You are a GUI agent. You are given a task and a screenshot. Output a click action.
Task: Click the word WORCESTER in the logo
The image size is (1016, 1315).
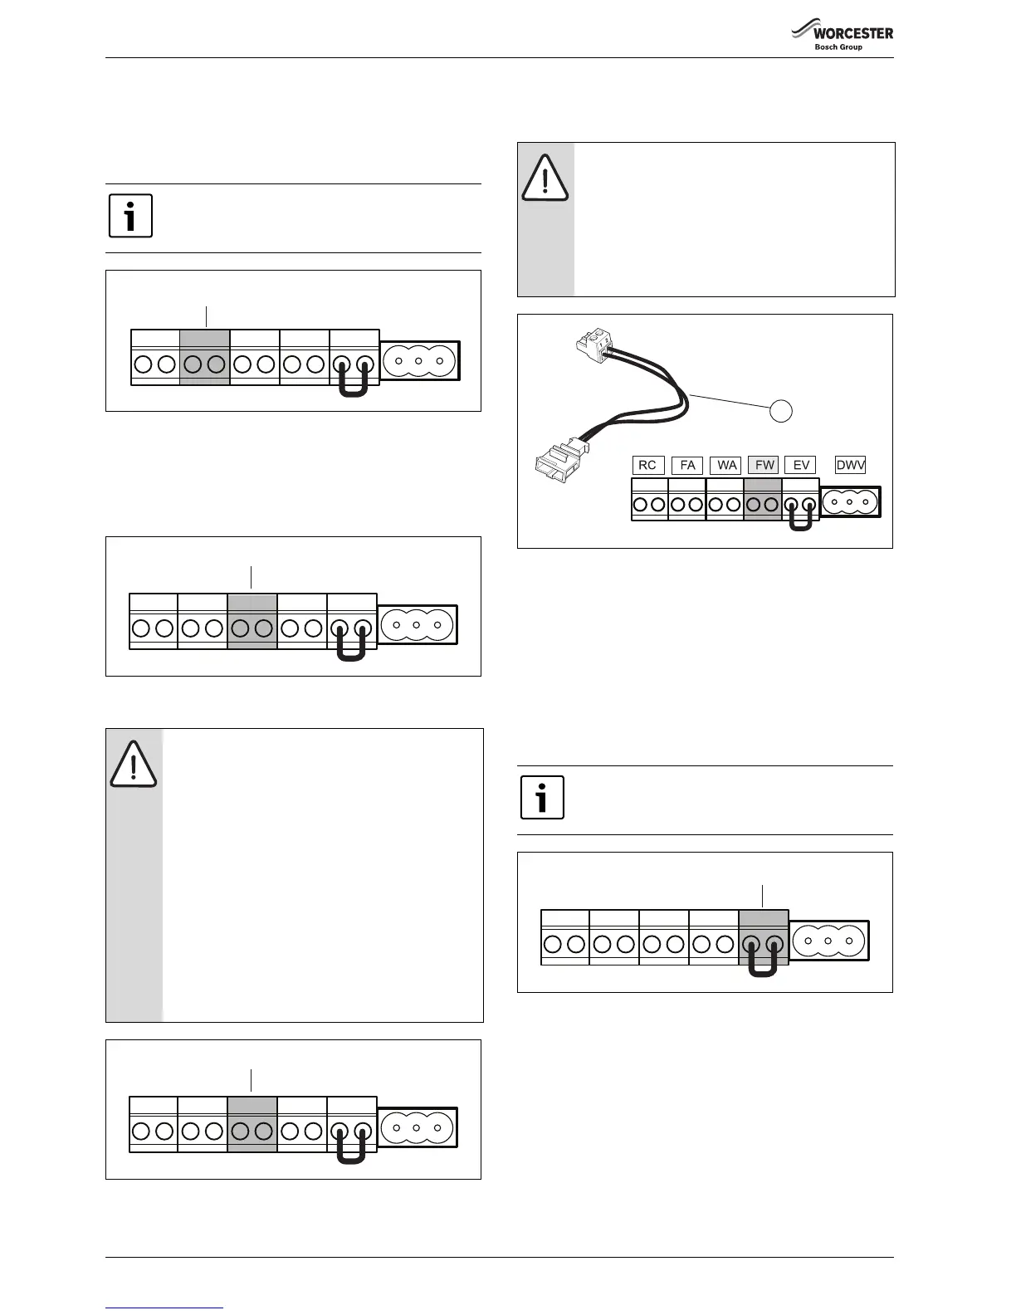pos(852,33)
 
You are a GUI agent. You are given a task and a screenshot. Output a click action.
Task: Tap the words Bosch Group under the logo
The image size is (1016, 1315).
pos(838,47)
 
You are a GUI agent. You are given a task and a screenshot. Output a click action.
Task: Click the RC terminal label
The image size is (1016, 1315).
pos(647,465)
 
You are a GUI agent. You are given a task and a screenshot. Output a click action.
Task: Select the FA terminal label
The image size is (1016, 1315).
pos(687,465)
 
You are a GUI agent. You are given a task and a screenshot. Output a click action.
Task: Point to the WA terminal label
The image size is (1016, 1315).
pos(727,465)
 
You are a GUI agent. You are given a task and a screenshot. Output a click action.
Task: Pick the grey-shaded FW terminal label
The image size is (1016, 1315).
pos(764,465)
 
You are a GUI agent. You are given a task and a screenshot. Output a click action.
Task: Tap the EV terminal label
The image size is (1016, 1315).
pos(801,465)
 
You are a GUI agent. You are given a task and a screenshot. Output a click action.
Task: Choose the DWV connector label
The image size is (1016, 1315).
pos(850,465)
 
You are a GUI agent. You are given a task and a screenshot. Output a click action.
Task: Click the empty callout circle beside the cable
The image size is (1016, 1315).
pos(780,410)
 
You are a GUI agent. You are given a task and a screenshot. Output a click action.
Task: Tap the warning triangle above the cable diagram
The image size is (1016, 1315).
pos(545,178)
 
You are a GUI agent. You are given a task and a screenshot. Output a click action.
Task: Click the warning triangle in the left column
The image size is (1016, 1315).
pos(133,765)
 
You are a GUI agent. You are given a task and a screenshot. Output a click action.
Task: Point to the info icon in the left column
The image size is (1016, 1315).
pos(130,216)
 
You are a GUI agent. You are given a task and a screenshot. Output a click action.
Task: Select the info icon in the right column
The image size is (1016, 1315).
pos(542,798)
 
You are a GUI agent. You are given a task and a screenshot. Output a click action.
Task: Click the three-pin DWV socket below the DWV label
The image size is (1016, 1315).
pos(850,501)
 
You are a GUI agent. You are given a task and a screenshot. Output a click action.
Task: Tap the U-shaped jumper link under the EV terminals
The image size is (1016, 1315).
pos(800,521)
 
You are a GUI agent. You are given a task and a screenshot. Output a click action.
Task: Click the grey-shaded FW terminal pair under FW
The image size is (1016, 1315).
pos(763,503)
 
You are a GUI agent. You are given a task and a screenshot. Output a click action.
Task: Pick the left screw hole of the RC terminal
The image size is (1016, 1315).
pos(641,504)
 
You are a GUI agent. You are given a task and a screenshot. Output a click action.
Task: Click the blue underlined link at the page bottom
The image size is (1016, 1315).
pos(164,1308)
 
